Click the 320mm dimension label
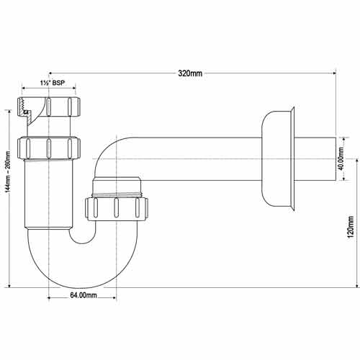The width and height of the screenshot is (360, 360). [x=190, y=73]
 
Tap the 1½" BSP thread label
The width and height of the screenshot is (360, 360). [x=53, y=83]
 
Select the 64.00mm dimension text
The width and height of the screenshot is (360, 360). [x=84, y=295]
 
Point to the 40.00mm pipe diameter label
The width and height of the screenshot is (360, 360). [x=341, y=158]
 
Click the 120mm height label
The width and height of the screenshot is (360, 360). [x=351, y=227]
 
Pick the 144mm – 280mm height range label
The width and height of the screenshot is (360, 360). [x=9, y=171]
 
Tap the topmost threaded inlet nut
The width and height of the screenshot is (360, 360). [x=49, y=107]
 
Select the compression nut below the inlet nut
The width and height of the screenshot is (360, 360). [x=49, y=149]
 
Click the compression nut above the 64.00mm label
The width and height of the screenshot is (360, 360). [x=116, y=208]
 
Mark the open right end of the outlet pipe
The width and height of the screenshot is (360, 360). [x=336, y=159]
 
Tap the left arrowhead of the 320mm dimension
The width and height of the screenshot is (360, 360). [x=51, y=73]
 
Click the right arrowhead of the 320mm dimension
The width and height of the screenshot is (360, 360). [x=333, y=73]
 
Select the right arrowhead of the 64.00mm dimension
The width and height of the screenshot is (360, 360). [x=114, y=298]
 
